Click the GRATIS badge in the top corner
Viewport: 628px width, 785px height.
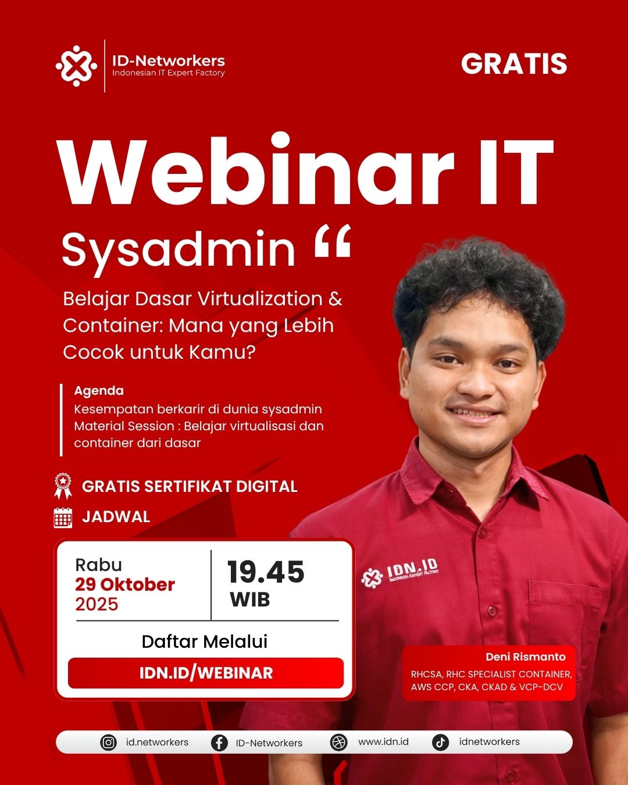click(x=514, y=63)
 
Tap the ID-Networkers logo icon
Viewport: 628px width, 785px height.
click(x=76, y=66)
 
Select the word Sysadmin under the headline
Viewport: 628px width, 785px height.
click(x=179, y=250)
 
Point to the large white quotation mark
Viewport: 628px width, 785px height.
click(x=333, y=241)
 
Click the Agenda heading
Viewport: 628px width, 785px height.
click(x=99, y=391)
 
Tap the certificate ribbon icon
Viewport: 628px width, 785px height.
click(x=63, y=486)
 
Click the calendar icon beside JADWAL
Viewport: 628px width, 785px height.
click(x=63, y=518)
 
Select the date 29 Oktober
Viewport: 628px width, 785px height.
click(x=125, y=585)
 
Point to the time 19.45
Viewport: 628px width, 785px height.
click(x=266, y=572)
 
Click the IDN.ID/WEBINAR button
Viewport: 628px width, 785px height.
click(x=206, y=673)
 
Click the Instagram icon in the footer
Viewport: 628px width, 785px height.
click(x=108, y=743)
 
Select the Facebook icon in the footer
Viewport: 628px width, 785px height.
click(x=219, y=743)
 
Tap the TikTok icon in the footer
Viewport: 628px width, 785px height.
click(x=440, y=743)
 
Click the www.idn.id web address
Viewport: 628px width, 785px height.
click(x=383, y=742)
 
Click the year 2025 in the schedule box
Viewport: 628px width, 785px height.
click(x=97, y=604)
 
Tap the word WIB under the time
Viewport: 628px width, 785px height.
click(x=250, y=599)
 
